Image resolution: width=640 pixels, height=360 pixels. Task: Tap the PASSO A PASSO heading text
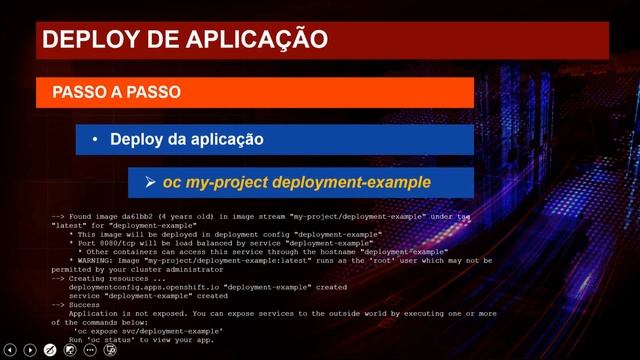116,92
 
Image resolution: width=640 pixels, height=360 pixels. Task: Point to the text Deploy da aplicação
186,140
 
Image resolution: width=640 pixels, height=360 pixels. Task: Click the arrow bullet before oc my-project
152,183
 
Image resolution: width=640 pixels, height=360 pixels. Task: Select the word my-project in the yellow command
225,183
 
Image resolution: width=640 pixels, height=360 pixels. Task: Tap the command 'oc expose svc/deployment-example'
147,331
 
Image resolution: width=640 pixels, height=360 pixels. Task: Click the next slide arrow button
30,350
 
